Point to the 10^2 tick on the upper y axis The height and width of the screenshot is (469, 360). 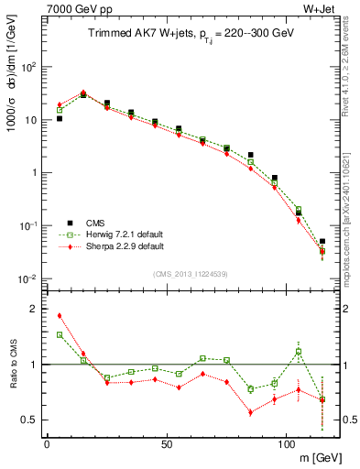(x=28, y=67)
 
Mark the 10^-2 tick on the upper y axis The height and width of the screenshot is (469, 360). (x=28, y=278)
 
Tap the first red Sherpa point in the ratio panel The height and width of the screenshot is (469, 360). (x=60, y=316)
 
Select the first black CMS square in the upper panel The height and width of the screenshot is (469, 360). (x=60, y=118)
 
